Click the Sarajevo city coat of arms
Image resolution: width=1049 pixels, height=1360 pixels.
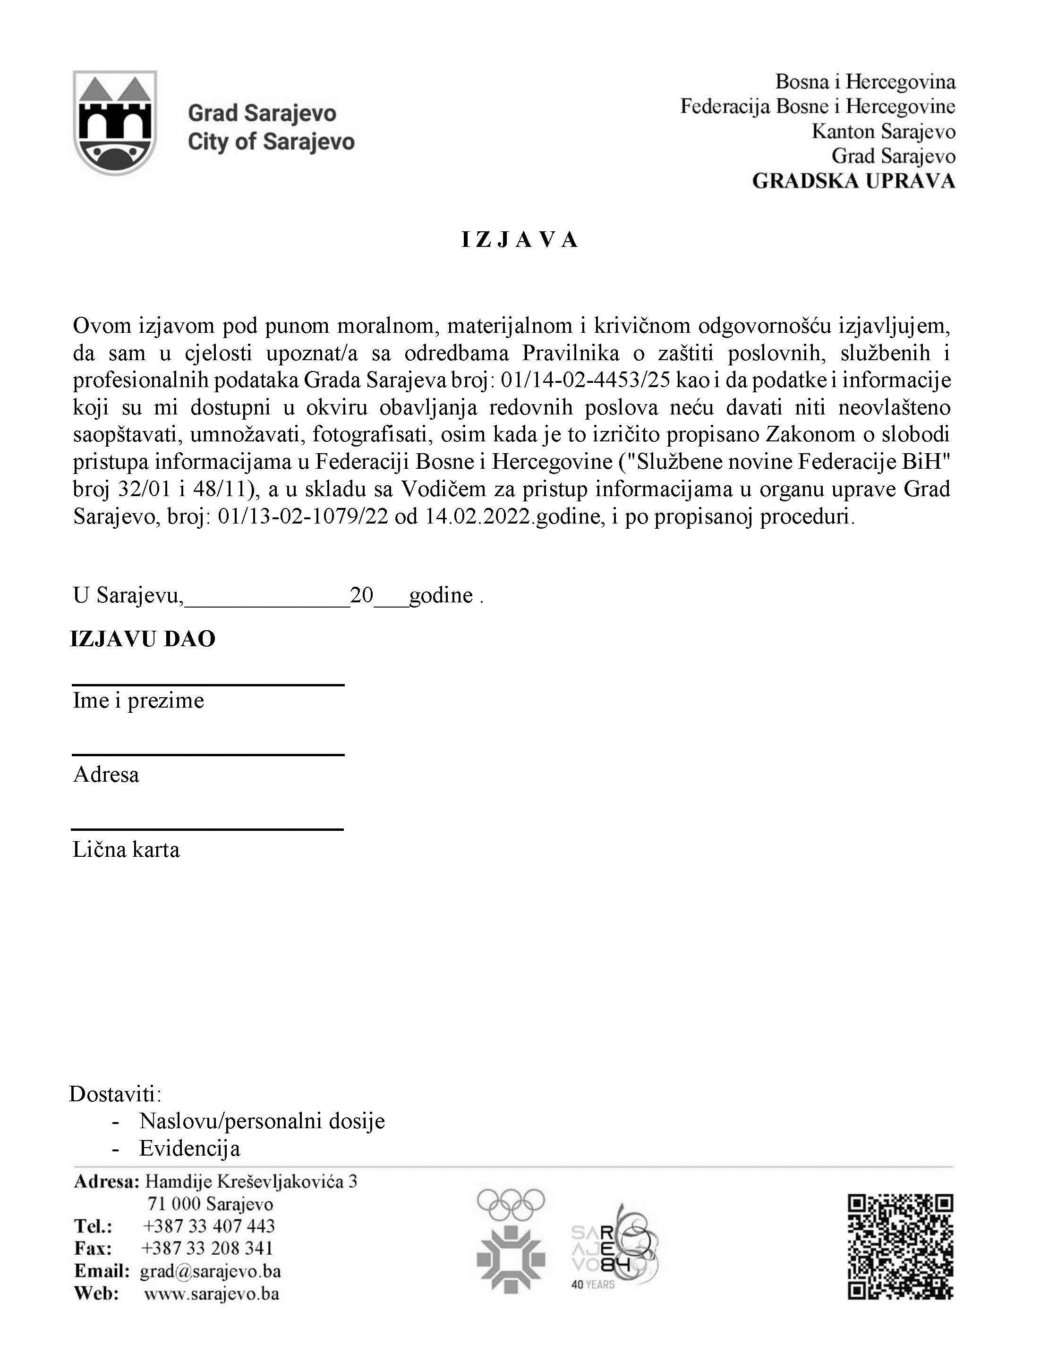(x=115, y=123)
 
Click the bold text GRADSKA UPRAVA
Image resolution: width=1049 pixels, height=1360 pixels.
(x=853, y=181)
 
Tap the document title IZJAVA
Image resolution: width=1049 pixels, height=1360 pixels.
(x=520, y=240)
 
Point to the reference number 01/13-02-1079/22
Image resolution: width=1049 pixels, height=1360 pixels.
(x=305, y=517)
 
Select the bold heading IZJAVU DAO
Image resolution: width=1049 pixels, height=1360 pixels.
(x=143, y=640)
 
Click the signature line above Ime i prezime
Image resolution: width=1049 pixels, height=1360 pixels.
(x=208, y=684)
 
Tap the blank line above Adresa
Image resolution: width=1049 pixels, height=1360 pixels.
(x=208, y=755)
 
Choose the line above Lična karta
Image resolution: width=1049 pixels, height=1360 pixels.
(x=208, y=829)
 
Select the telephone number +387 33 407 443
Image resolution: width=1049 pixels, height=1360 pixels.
(x=209, y=1226)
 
